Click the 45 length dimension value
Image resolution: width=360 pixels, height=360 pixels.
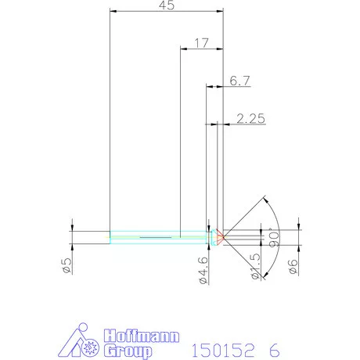click(x=166, y=5)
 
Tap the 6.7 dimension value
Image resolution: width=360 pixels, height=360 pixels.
click(x=239, y=81)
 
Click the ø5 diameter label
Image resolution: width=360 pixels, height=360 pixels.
click(x=67, y=265)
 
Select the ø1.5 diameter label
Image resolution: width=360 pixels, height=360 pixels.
click(x=254, y=265)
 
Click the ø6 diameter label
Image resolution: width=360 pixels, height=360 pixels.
click(x=292, y=265)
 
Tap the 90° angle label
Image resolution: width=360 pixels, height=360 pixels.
click(x=275, y=238)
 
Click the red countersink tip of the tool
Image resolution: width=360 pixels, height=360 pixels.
click(x=221, y=235)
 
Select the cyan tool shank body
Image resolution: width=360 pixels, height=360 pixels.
click(x=157, y=235)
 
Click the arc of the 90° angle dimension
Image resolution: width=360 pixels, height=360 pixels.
click(x=278, y=219)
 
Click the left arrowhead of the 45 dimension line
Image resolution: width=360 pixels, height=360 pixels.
click(x=113, y=12)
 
